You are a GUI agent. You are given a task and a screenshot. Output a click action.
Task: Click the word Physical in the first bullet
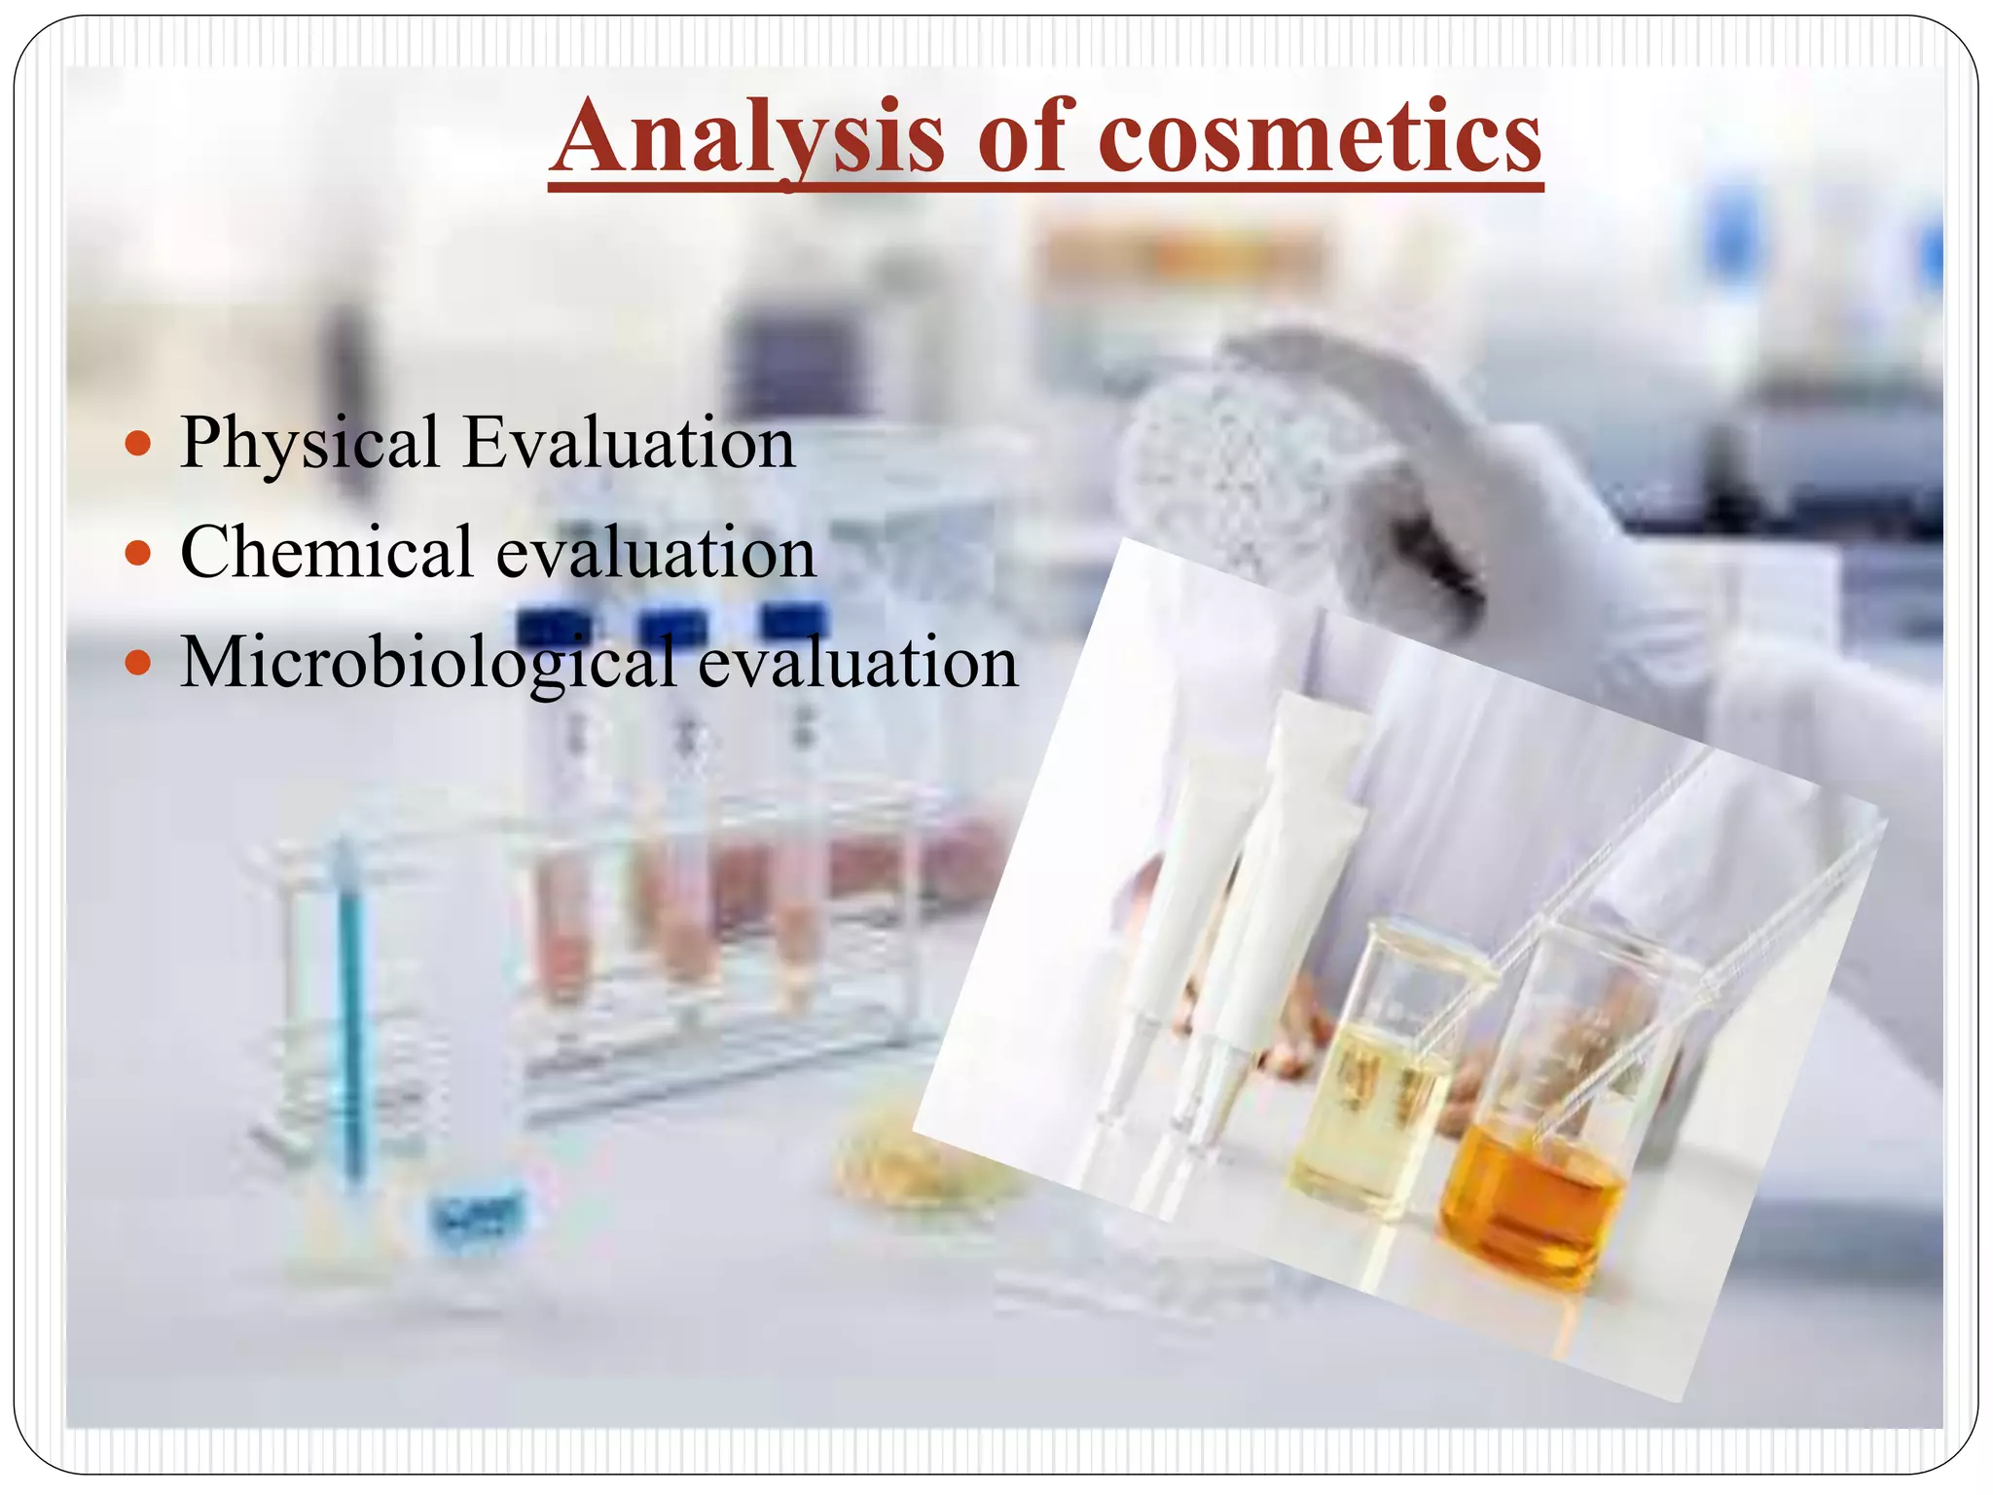point(309,444)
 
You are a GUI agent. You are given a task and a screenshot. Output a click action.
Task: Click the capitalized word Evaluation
point(629,444)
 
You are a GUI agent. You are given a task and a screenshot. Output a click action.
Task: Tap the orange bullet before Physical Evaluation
point(139,445)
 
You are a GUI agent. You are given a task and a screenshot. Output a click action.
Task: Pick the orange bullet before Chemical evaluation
point(139,554)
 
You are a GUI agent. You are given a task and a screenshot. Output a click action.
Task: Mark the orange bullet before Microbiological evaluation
point(139,664)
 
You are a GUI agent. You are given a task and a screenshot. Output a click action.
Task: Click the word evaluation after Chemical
point(656,553)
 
